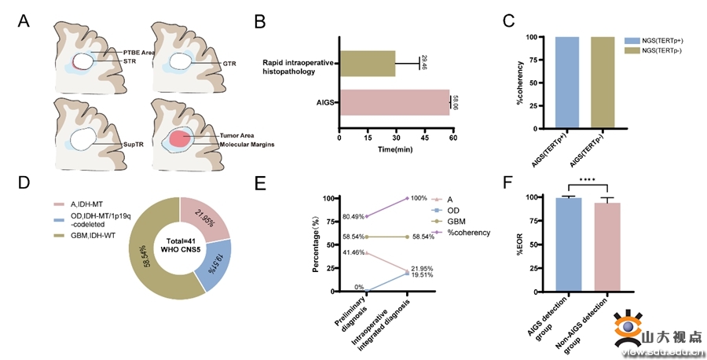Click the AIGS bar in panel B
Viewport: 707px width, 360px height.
[x=393, y=103]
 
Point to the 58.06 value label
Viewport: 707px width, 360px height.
[x=456, y=103]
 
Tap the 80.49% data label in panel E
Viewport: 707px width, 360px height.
[x=344, y=217]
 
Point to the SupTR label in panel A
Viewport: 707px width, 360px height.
[x=134, y=146]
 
